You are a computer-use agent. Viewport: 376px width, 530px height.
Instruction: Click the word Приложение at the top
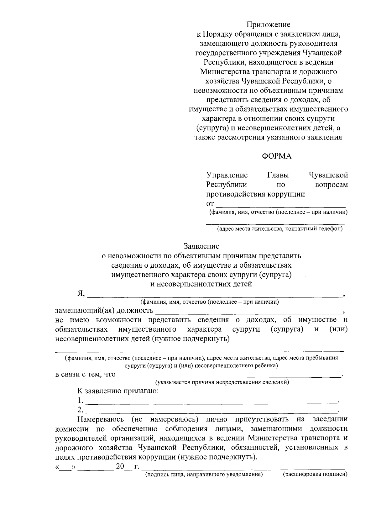click(x=268, y=24)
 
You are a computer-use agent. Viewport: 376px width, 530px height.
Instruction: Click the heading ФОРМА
click(x=277, y=156)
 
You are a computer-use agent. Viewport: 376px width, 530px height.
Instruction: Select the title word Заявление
click(x=201, y=246)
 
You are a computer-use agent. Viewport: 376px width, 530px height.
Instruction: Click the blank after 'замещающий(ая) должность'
click(x=249, y=312)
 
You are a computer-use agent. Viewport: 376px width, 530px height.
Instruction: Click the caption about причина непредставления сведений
click(x=222, y=382)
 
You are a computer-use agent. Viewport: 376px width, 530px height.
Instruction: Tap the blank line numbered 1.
click(x=212, y=401)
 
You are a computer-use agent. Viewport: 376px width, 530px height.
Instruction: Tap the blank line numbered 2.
click(x=212, y=411)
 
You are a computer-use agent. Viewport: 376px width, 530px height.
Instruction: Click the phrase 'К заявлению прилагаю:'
click(x=118, y=391)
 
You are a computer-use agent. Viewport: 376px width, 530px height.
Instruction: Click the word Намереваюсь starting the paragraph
click(x=101, y=419)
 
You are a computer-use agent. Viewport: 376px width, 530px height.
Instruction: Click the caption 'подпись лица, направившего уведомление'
click(x=203, y=475)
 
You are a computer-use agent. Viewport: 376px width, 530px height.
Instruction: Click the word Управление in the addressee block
click(x=227, y=175)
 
